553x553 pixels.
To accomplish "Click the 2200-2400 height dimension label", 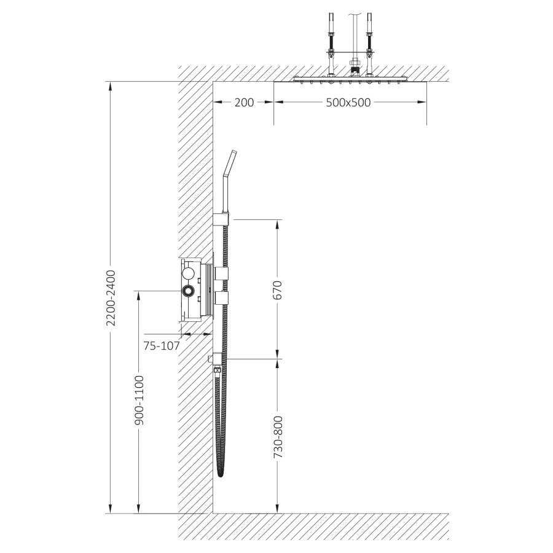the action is coord(111,297).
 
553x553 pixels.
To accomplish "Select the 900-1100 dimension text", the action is coord(139,400).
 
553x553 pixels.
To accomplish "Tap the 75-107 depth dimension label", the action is coord(162,345).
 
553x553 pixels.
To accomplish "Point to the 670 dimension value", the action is coord(278,289).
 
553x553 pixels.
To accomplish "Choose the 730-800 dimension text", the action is coord(278,437).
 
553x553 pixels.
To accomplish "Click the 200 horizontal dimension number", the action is coord(244,102).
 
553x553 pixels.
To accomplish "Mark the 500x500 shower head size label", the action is coord(348,102).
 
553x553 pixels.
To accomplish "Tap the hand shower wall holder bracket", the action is coord(221,219).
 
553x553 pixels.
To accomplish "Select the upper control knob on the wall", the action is coord(221,272).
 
